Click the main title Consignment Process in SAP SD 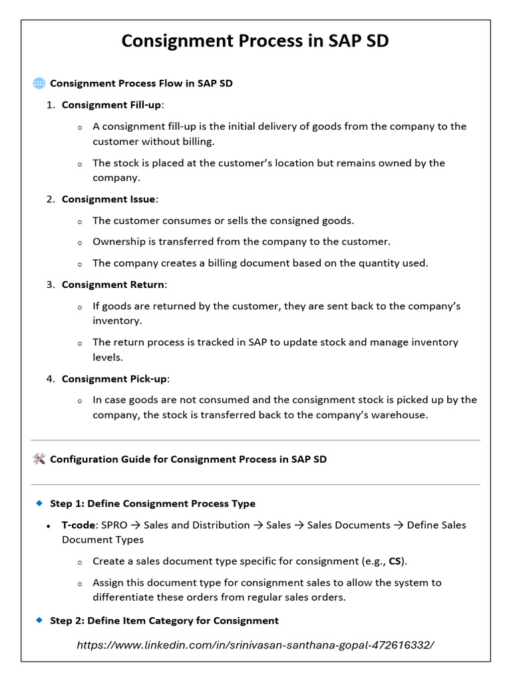click(x=255, y=41)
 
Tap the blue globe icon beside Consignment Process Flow click(x=39, y=83)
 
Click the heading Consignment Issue click(x=108, y=199)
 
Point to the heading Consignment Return click(x=112, y=285)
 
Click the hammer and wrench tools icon click(x=39, y=459)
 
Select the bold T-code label click(x=79, y=525)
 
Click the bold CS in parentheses click(x=395, y=561)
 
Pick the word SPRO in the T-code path click(x=115, y=525)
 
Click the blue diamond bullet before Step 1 click(x=39, y=503)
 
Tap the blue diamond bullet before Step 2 click(x=39, y=620)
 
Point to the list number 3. click(x=50, y=285)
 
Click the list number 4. click(x=50, y=378)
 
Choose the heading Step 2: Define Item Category click(x=164, y=620)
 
